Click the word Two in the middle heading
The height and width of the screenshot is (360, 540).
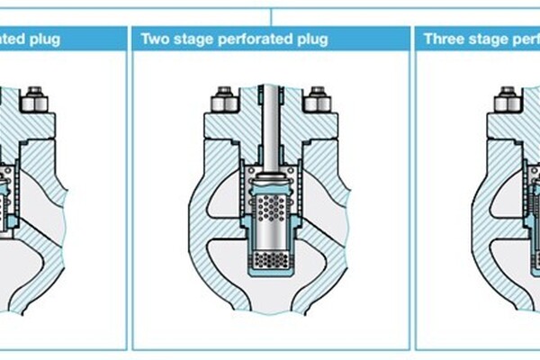pyautogui.click(x=153, y=40)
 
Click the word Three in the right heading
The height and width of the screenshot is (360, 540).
pyautogui.click(x=443, y=40)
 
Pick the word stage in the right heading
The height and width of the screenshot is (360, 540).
pyautogui.click(x=487, y=40)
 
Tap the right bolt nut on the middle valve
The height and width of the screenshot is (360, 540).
pyautogui.click(x=316, y=99)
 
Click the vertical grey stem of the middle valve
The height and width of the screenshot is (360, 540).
pyautogui.click(x=270, y=126)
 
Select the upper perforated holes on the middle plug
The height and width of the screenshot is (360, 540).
pyautogui.click(x=270, y=209)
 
